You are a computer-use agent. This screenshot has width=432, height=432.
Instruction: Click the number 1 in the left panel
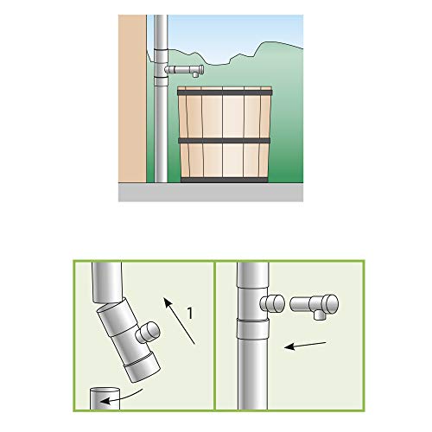190,313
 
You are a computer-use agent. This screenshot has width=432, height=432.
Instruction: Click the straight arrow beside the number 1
180,321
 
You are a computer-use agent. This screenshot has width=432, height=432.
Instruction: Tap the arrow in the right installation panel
305,346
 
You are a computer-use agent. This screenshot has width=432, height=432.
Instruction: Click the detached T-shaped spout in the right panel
314,306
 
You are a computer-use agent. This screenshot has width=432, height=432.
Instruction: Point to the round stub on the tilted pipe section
148,334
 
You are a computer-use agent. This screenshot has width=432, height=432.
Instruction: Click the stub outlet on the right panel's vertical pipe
272,303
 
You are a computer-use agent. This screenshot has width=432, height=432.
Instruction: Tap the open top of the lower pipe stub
105,391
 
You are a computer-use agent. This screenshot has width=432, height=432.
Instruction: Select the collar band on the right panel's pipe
253,328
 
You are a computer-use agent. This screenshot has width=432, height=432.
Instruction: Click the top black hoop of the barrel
225,92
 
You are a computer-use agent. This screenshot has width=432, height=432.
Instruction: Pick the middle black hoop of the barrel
225,141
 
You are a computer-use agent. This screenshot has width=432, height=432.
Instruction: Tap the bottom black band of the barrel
225,181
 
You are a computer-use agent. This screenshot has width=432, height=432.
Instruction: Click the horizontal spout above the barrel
184,70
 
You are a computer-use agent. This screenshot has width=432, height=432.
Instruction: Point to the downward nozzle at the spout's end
196,75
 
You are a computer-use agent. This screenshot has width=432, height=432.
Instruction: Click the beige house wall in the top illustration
132,98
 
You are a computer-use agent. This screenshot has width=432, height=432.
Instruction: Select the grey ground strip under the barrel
211,192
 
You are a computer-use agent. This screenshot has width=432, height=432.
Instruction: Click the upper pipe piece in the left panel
107,283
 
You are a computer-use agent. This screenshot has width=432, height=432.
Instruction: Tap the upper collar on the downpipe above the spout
161,54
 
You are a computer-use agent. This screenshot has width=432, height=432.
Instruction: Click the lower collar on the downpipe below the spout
161,81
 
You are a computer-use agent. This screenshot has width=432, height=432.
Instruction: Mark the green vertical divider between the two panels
215,335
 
